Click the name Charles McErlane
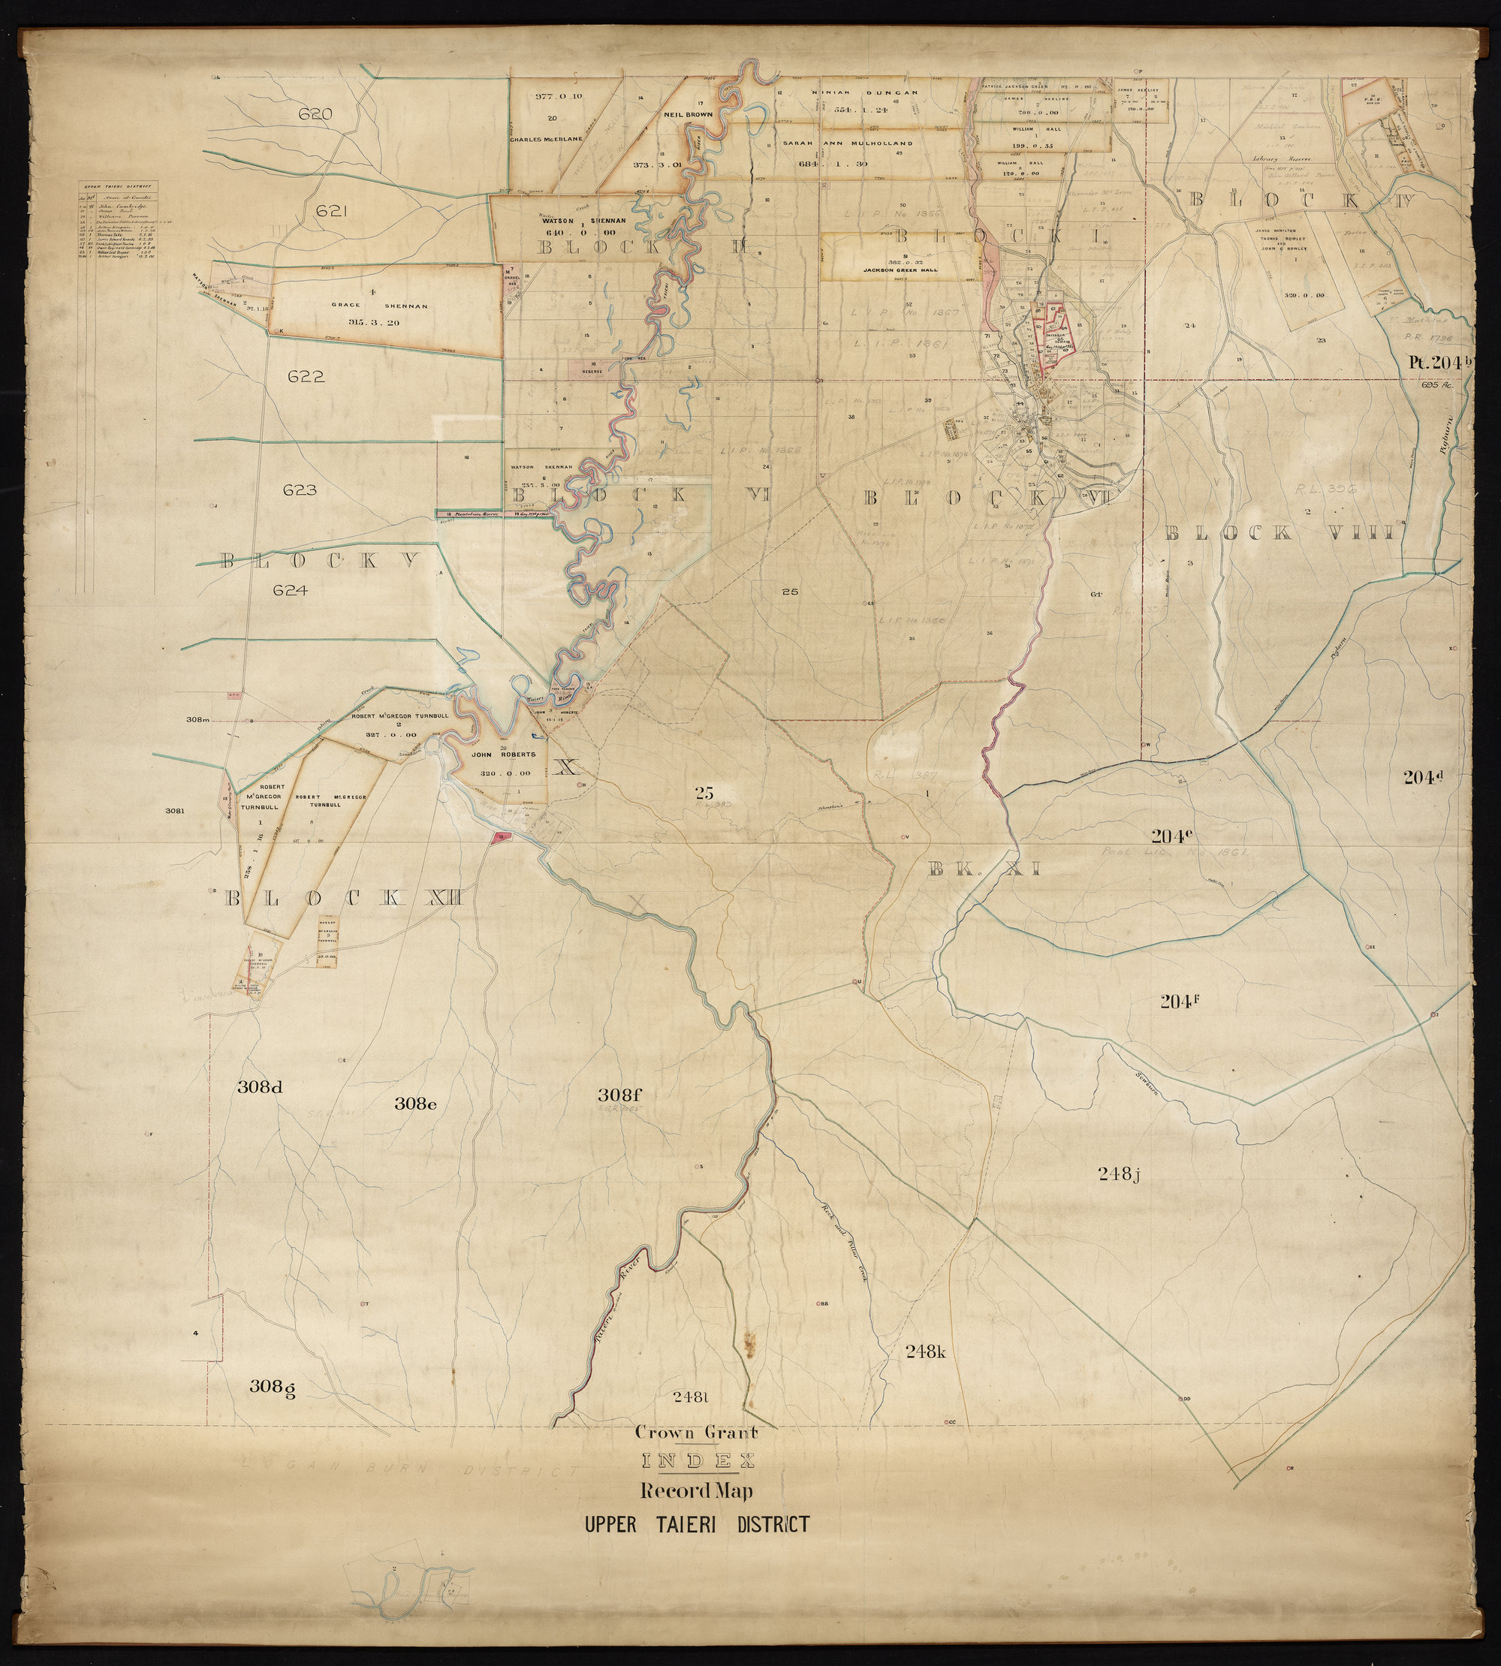[546, 140]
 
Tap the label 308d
[261, 1086]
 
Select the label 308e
[414, 1103]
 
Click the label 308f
[619, 1095]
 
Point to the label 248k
[924, 1351]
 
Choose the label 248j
[1118, 1174]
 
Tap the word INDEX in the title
[695, 1462]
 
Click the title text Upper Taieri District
[696, 1524]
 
